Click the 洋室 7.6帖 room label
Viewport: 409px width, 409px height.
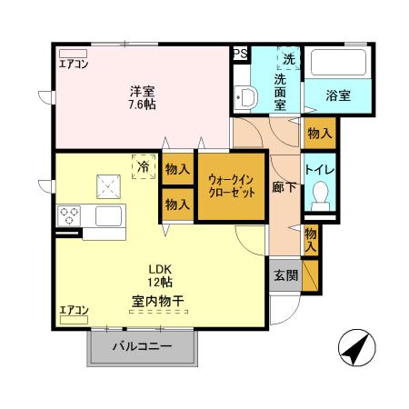[x=142, y=96]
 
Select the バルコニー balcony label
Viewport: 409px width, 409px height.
[x=142, y=346]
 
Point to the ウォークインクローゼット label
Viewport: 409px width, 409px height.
[x=231, y=188]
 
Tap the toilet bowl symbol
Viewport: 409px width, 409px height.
[x=319, y=194]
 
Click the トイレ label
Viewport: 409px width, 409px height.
[x=319, y=170]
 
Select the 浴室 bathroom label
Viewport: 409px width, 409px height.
[x=338, y=95]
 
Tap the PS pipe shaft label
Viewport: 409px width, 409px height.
[x=241, y=54]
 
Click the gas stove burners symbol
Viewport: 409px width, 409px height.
[x=70, y=216]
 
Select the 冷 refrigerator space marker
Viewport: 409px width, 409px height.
[x=144, y=168]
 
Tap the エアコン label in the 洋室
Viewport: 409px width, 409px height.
[x=75, y=64]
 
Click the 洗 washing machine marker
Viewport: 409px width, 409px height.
[x=289, y=58]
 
